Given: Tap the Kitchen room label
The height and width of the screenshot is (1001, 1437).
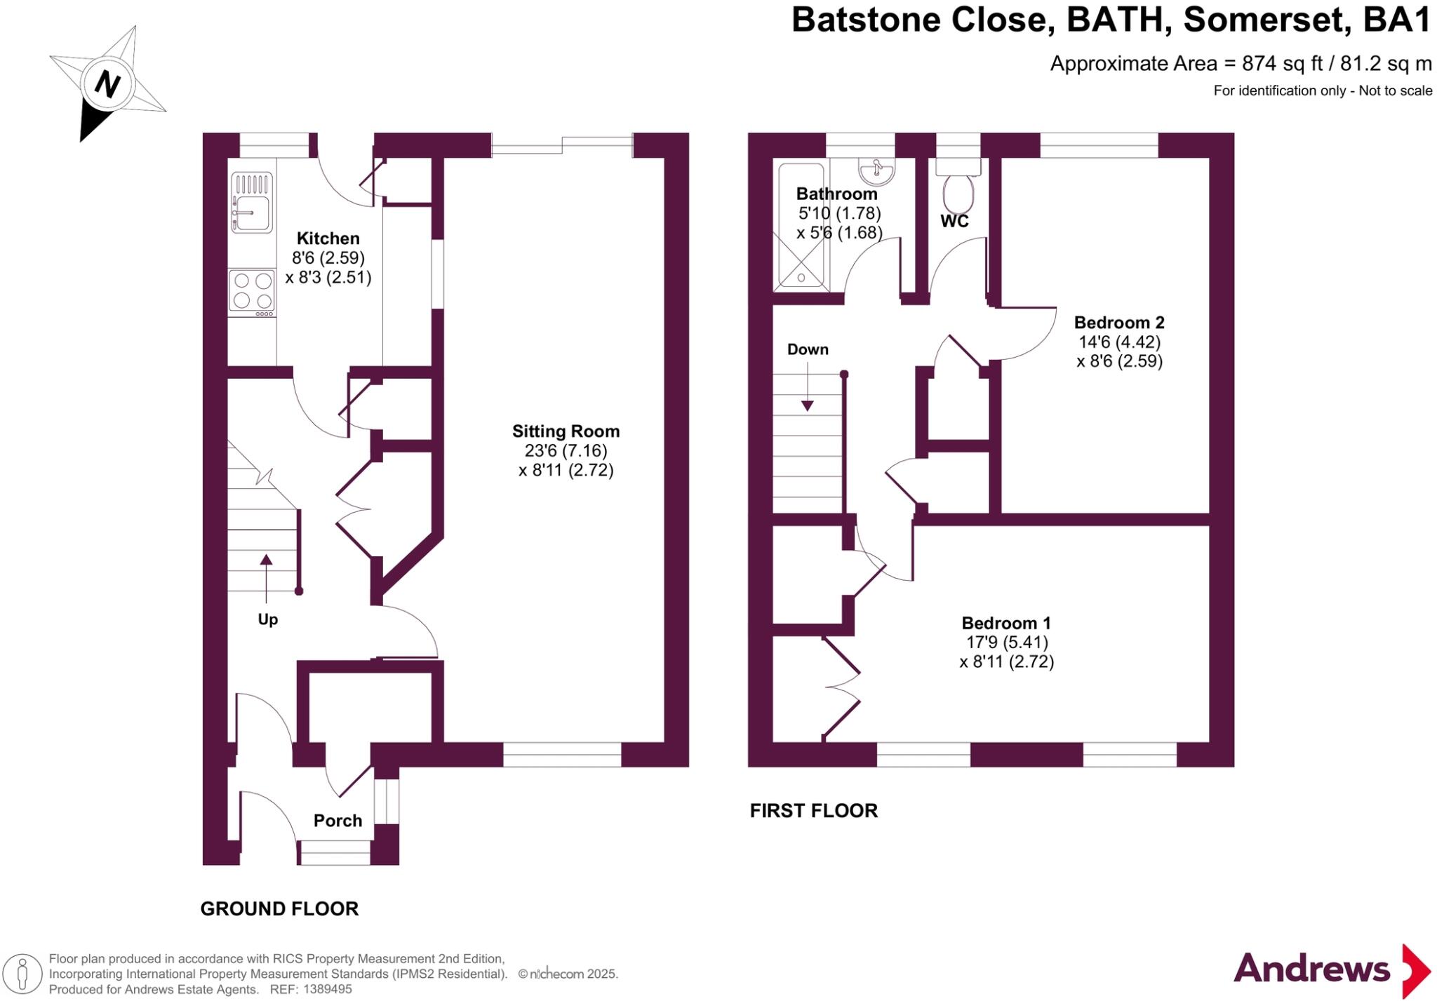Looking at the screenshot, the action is pyautogui.click(x=328, y=239).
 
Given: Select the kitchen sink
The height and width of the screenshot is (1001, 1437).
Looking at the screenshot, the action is pyautogui.click(x=251, y=203).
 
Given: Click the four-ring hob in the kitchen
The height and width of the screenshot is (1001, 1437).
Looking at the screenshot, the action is pyautogui.click(x=252, y=291).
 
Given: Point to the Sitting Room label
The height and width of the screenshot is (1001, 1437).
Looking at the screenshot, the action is pyautogui.click(x=566, y=431).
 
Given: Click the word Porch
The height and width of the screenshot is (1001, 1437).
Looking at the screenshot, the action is pyautogui.click(x=337, y=821).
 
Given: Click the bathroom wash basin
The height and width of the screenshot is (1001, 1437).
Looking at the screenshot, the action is pyautogui.click(x=876, y=170).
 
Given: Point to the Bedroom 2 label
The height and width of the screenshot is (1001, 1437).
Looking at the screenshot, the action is pyautogui.click(x=1119, y=323).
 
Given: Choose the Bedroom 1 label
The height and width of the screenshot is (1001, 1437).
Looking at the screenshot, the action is pyautogui.click(x=1006, y=623).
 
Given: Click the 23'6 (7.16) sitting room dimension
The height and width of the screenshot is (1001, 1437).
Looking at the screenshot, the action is pyautogui.click(x=566, y=450).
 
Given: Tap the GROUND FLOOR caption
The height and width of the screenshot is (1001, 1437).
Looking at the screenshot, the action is pyautogui.click(x=279, y=909).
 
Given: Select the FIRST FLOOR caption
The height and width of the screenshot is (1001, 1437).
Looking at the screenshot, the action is pyautogui.click(x=813, y=811).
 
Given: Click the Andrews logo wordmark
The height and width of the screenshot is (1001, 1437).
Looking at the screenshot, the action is pyautogui.click(x=1311, y=969).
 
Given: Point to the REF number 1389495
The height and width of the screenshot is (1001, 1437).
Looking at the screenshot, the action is pyautogui.click(x=327, y=989).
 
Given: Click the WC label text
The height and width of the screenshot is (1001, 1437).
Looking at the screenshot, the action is pyautogui.click(x=954, y=222).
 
